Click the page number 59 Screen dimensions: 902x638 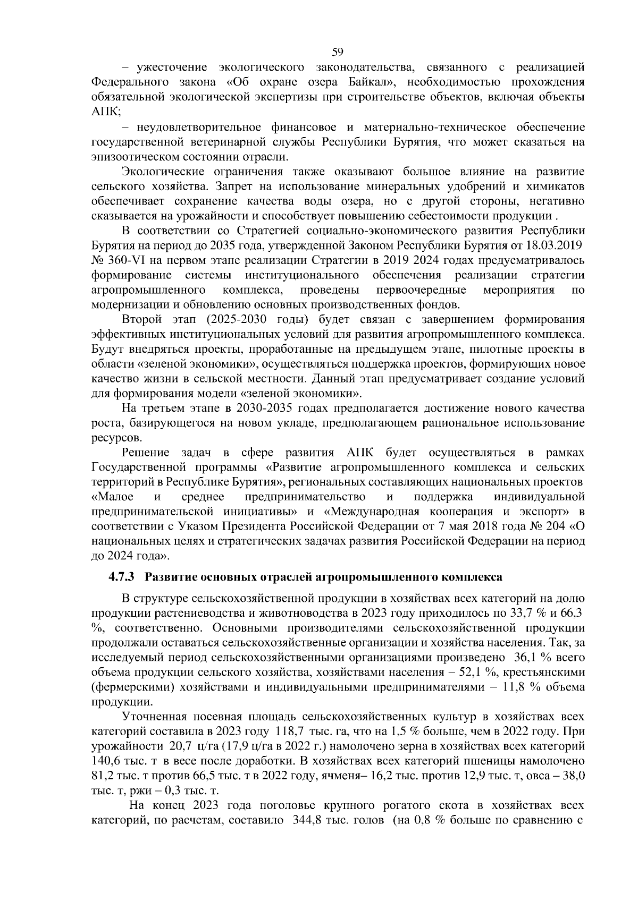tap(337, 52)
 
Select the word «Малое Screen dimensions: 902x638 tap(113, 497)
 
